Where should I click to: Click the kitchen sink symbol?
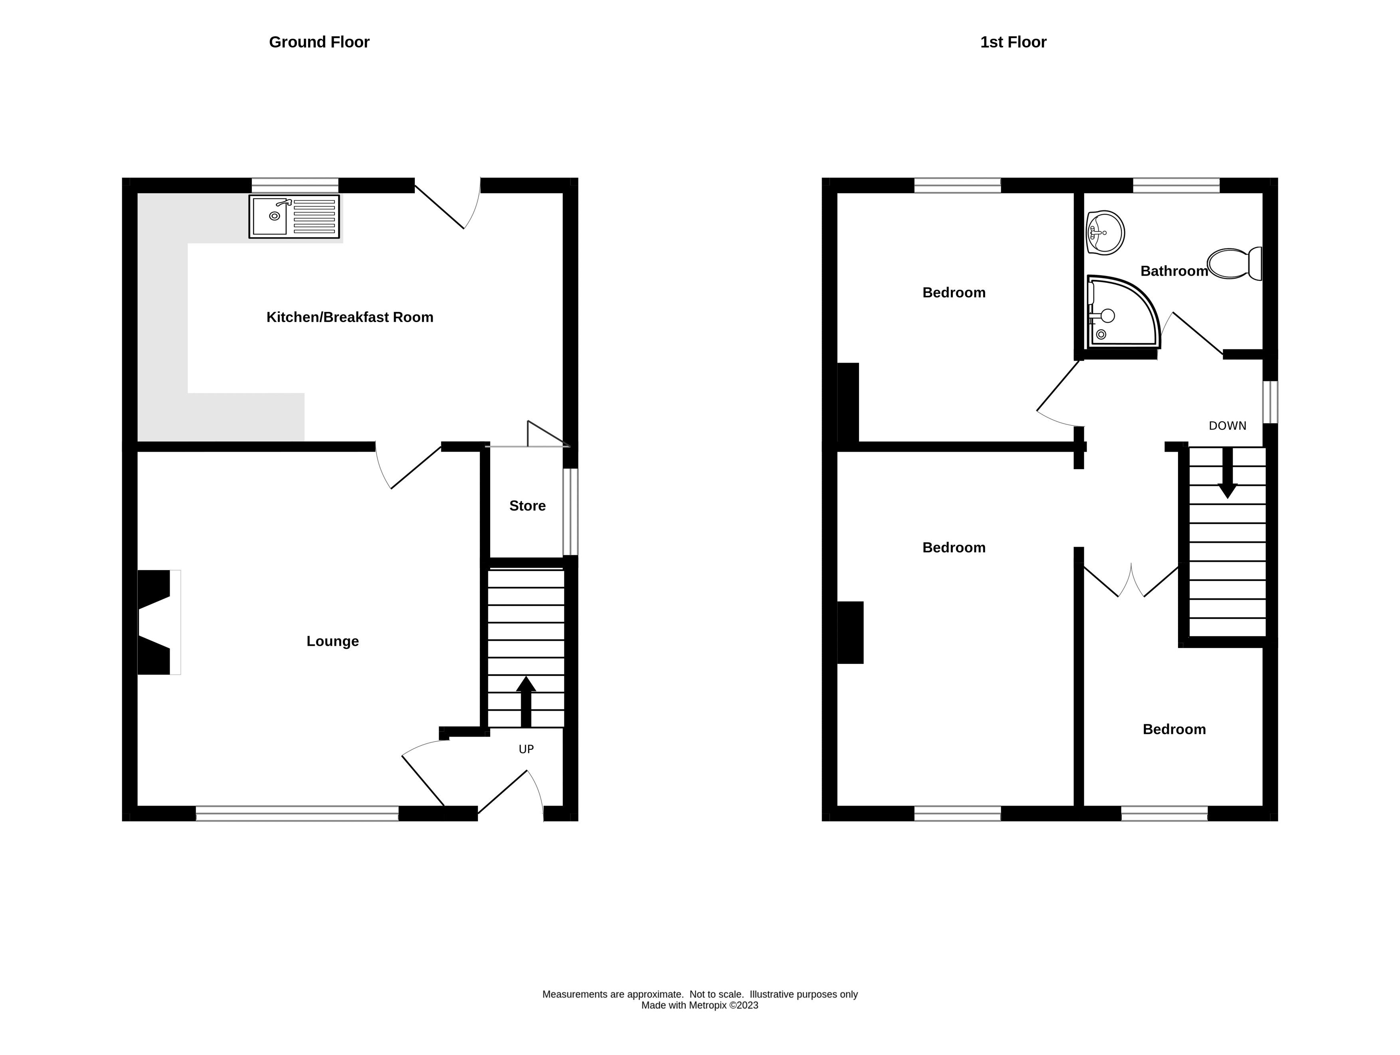(x=294, y=216)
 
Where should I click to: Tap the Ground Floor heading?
(x=319, y=42)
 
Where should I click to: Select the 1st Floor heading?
(x=1013, y=42)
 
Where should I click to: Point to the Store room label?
(x=527, y=506)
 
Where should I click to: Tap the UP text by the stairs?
(x=526, y=749)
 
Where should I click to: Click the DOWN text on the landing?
(x=1227, y=426)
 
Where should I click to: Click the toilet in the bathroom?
(x=1235, y=264)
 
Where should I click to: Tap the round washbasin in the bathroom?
(x=1105, y=233)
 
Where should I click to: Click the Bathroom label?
(x=1174, y=271)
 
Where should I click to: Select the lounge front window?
(x=297, y=813)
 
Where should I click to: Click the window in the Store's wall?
(x=570, y=511)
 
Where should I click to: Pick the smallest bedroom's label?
(x=1174, y=729)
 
